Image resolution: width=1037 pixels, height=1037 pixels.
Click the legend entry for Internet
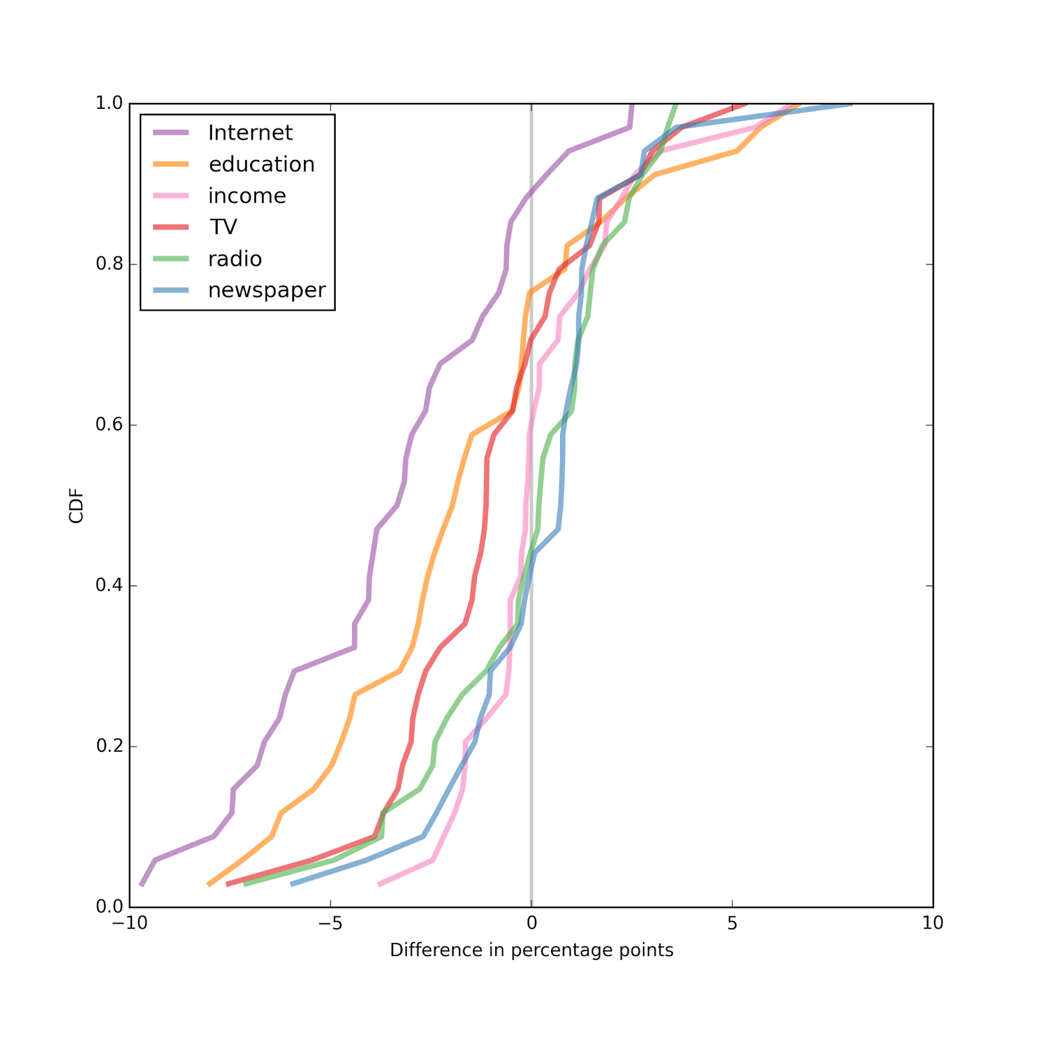(x=250, y=133)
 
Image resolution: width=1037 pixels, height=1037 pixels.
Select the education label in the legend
(x=261, y=165)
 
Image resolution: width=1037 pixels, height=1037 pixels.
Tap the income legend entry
(x=247, y=196)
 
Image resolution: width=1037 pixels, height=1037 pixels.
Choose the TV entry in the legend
(x=223, y=227)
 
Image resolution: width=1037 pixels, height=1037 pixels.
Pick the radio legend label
(x=235, y=259)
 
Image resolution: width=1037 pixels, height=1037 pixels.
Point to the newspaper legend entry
(x=266, y=290)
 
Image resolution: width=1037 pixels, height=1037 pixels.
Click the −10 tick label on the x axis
(x=130, y=924)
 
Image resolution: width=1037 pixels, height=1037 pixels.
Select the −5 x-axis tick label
(x=331, y=924)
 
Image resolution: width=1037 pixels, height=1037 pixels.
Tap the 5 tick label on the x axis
(x=732, y=924)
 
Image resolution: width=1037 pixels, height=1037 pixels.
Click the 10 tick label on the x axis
(x=933, y=924)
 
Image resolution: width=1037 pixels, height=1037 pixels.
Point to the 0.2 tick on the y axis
(x=110, y=747)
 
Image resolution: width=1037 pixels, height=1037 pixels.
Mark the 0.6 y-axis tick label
(x=110, y=425)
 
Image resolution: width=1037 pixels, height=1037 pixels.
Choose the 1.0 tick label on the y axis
(x=110, y=104)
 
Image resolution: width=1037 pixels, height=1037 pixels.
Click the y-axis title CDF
(x=76, y=506)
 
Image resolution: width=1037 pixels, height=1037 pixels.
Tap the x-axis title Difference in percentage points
(x=531, y=950)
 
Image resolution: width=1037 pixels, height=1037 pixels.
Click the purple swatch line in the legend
(x=171, y=133)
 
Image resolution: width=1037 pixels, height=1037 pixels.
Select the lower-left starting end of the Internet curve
(x=141, y=885)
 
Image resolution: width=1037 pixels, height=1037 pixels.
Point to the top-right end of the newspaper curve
(x=851, y=104)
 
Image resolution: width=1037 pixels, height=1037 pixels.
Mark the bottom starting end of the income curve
(x=379, y=885)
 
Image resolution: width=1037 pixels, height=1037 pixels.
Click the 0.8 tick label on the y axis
(x=110, y=264)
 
